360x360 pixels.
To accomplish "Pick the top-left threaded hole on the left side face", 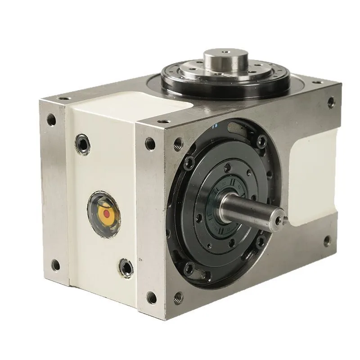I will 52,120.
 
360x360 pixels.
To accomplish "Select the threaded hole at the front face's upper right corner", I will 331,102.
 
